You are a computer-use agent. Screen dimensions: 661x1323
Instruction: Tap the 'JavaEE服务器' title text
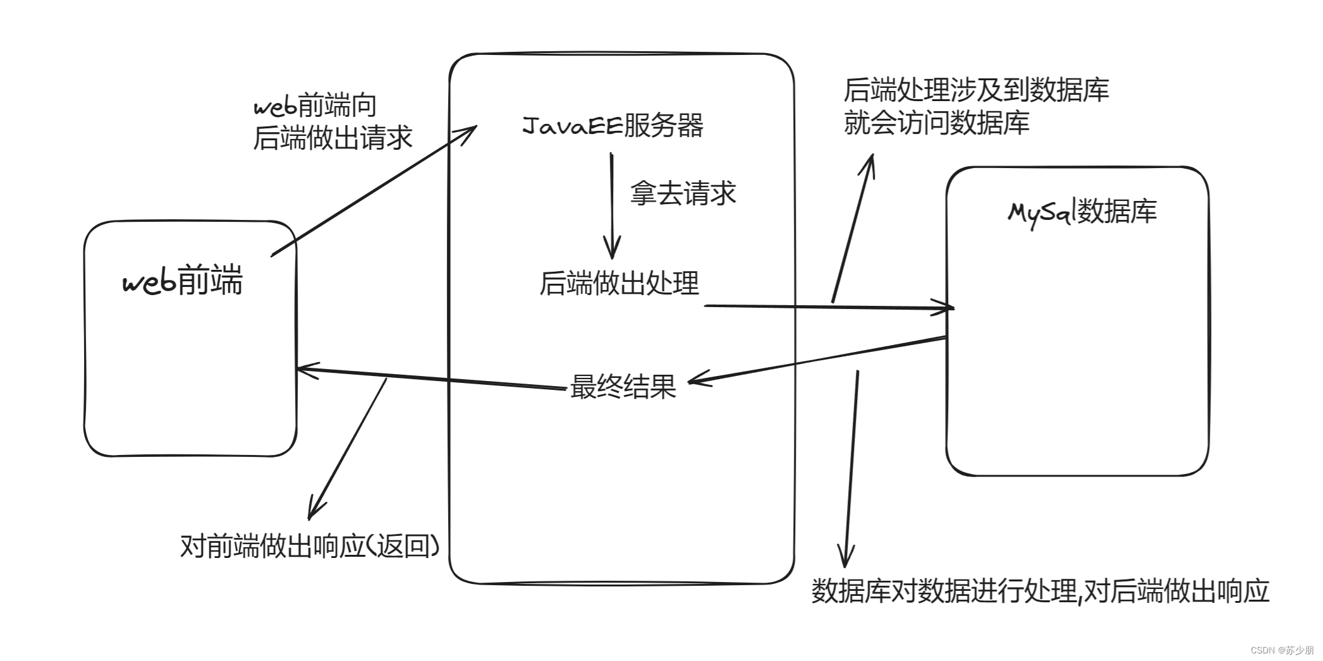click(613, 125)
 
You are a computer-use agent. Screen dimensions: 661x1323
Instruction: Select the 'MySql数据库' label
click(1082, 212)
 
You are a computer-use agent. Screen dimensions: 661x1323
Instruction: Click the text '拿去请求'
click(683, 193)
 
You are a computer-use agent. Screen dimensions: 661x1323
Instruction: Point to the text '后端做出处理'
click(619, 283)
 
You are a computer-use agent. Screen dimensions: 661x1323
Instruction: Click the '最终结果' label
click(623, 386)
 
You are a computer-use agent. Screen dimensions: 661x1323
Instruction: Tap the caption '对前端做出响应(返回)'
click(310, 545)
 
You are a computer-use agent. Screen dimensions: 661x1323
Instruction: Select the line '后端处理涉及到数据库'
click(976, 90)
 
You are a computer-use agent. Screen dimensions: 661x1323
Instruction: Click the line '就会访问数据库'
click(936, 123)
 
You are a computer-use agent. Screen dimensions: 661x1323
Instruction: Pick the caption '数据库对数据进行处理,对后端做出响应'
click(1040, 591)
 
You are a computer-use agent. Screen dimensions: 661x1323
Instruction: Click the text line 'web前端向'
click(315, 106)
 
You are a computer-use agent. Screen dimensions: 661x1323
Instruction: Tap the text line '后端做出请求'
click(332, 138)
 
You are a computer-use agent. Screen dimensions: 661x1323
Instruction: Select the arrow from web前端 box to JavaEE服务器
click(373, 190)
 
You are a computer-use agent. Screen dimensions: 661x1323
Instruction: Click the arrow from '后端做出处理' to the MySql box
click(828, 307)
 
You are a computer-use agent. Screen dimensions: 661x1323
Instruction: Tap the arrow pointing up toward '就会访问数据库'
click(853, 227)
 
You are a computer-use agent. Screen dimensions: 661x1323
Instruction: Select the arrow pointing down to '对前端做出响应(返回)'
click(348, 449)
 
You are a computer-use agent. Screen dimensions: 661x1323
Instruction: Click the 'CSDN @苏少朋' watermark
click(1282, 650)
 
